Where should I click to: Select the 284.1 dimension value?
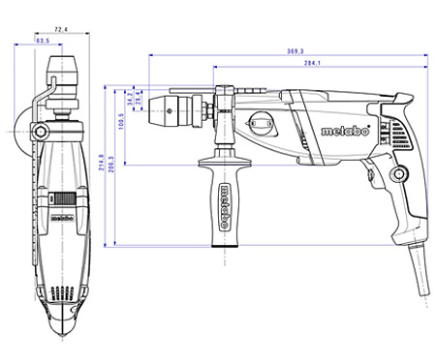[x=312, y=63]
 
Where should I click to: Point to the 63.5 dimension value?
[x=44, y=43]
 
